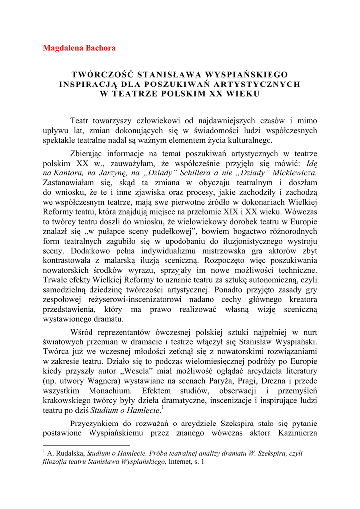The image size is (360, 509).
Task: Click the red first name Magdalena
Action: (64, 48)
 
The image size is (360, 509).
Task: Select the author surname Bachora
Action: (101, 48)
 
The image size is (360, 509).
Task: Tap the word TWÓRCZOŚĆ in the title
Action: (104, 74)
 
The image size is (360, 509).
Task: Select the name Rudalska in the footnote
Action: (70, 454)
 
